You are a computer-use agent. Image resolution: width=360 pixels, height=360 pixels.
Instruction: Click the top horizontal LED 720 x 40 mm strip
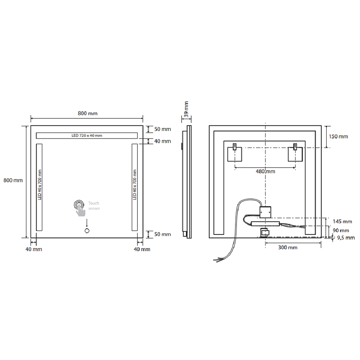[x=87, y=135]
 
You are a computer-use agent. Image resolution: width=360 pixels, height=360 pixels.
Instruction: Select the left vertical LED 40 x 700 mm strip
[x=39, y=187]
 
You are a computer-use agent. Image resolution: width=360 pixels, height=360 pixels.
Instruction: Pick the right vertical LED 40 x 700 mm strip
[x=135, y=187]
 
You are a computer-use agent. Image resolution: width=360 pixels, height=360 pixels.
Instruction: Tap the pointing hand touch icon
[x=80, y=208]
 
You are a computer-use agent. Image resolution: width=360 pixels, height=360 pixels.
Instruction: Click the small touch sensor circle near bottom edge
[x=87, y=231]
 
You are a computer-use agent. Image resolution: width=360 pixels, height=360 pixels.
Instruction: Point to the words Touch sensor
[x=94, y=206]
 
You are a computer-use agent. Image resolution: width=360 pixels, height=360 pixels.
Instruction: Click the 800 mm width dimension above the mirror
[x=87, y=113]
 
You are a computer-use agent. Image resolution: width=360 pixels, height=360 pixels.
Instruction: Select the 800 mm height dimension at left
[x=13, y=180]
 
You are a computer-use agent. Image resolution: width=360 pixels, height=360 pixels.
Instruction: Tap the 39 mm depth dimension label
[x=186, y=109]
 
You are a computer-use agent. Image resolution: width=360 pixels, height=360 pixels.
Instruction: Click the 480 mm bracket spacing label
[x=265, y=171]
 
